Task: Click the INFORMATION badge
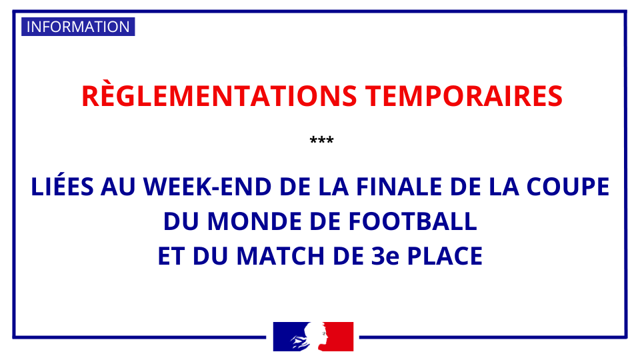[78, 27]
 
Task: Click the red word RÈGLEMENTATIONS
[219, 96]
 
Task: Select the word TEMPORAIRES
[464, 96]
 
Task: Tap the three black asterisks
[321, 140]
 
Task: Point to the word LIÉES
[63, 187]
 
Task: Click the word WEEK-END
[207, 187]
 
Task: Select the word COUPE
[568, 187]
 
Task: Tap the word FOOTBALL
[413, 221]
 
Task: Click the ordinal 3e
[385, 256]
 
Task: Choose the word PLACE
[445, 256]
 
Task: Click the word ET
[171, 256]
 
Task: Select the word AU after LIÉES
[118, 187]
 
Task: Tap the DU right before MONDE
[181, 221]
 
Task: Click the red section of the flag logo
[339, 336]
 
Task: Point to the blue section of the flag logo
[287, 335]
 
